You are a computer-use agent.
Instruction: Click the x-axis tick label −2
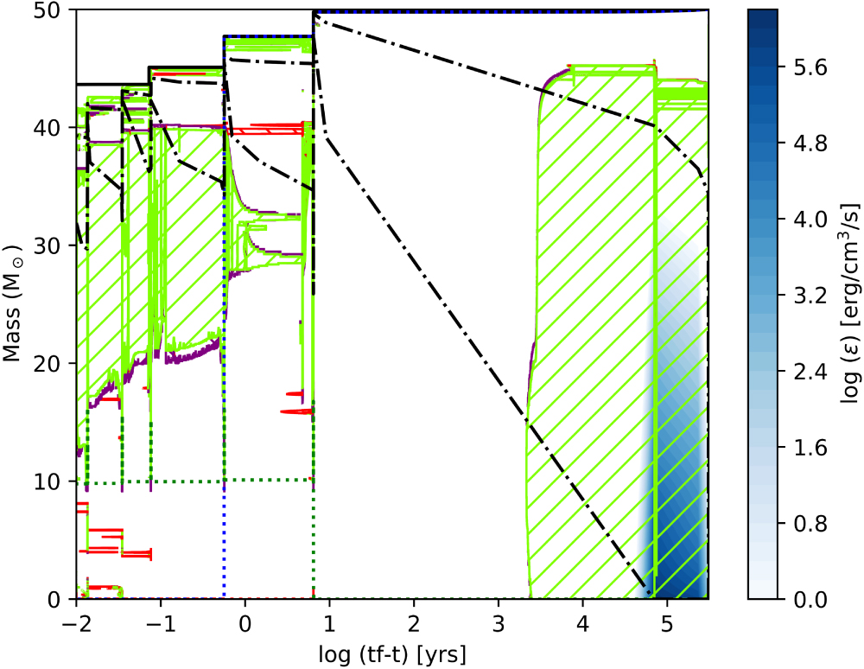click(x=76, y=622)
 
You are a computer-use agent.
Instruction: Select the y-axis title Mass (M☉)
click(x=19, y=304)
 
